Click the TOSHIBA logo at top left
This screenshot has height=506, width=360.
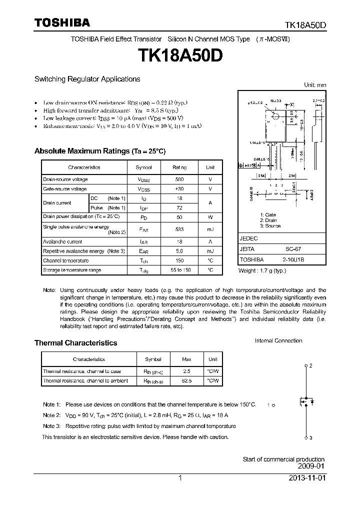62,22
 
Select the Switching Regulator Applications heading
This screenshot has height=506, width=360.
87,79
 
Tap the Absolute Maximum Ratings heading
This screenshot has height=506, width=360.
99,151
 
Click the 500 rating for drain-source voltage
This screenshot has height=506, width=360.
179,179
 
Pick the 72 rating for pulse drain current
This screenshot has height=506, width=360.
179,207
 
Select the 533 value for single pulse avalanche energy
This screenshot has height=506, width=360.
179,229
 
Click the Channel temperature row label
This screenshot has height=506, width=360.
66,260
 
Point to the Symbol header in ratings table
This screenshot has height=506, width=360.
143,167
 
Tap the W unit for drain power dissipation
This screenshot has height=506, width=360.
210,217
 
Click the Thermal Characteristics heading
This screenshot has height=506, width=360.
75,343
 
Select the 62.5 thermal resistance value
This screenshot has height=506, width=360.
186,380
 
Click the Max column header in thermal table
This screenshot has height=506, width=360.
186,359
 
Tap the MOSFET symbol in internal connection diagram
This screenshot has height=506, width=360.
305,401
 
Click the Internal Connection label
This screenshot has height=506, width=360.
278,341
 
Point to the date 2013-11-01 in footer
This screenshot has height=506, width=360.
307,478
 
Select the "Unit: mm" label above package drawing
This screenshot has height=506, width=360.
315,85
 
